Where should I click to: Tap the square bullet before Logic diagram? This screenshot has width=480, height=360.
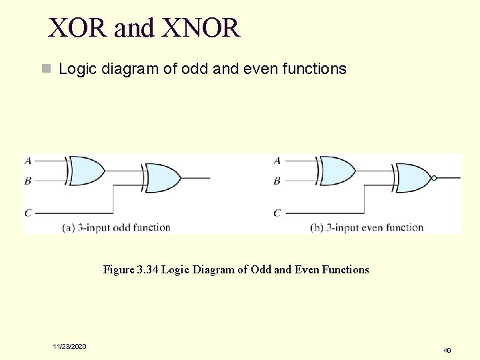[45, 69]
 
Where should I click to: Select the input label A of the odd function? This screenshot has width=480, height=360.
[28, 161]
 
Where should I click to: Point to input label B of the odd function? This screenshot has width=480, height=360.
[28, 180]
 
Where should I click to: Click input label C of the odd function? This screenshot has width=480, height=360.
[28, 213]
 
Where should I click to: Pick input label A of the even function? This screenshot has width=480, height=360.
[277, 161]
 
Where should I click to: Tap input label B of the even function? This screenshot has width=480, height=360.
[277, 180]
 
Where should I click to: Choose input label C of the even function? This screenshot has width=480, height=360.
[277, 213]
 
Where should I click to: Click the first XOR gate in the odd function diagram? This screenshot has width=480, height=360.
[87, 170]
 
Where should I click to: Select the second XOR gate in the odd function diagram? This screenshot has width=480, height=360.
[163, 178]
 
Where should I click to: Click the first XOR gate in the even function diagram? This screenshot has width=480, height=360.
[337, 170]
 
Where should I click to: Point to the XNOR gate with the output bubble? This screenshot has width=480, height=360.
[413, 178]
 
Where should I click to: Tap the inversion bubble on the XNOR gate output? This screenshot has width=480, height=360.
[435, 178]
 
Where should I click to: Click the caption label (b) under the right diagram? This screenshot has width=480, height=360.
[318, 227]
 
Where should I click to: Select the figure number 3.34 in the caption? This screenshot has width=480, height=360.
[147, 269]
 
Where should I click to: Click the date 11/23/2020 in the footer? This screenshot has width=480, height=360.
[70, 346]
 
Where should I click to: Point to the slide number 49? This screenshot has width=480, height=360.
[447, 349]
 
